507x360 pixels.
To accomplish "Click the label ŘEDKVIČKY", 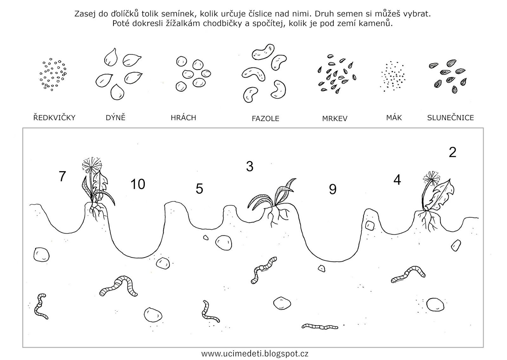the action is pyautogui.click(x=54, y=118).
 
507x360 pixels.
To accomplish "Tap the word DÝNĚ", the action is pyautogui.click(x=115, y=118).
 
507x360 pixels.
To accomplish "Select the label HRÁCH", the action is pyautogui.click(x=183, y=118).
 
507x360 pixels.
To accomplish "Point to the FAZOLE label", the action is pyautogui.click(x=266, y=119).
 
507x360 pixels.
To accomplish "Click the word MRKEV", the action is pyautogui.click(x=335, y=119).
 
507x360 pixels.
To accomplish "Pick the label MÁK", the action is pyautogui.click(x=394, y=118).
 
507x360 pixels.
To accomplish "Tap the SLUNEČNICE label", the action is pyautogui.click(x=450, y=118).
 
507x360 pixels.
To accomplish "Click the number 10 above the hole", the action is pyautogui.click(x=138, y=184).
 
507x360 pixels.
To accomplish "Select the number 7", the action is pyautogui.click(x=62, y=176).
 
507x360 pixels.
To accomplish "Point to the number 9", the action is pyautogui.click(x=333, y=189).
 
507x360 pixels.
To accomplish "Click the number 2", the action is pyautogui.click(x=452, y=152).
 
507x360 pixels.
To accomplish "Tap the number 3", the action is pyautogui.click(x=250, y=166).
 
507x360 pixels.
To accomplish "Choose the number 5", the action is pyautogui.click(x=199, y=189).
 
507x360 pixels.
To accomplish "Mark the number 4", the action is pyautogui.click(x=397, y=180).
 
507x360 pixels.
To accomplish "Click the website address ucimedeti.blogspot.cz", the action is pyautogui.click(x=255, y=353).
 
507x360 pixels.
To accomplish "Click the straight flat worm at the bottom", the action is pyautogui.click(x=320, y=326).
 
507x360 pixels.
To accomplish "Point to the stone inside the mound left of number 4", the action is pyautogui.click(x=369, y=226).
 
